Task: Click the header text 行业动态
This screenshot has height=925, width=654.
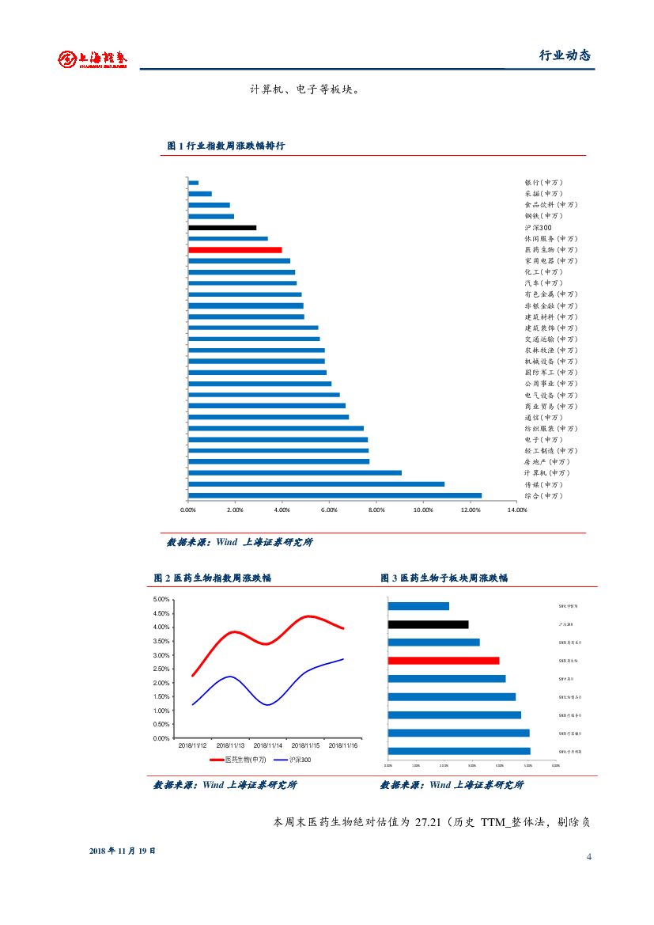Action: [565, 55]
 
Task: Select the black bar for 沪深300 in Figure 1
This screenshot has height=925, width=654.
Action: [222, 227]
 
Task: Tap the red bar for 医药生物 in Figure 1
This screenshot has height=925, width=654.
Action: [235, 249]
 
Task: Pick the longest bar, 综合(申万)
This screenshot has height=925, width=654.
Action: [335, 495]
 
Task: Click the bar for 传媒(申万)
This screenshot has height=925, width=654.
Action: [316, 483]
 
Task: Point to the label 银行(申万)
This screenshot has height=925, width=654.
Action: [543, 182]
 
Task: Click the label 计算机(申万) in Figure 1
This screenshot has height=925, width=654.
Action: [546, 472]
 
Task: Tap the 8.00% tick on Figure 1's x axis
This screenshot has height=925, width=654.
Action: [376, 510]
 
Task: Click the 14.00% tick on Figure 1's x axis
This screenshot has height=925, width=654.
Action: [517, 510]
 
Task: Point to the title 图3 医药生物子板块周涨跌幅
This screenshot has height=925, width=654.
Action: [444, 578]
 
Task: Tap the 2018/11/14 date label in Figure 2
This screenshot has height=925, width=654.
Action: [269, 745]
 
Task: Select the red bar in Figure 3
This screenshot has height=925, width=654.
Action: [444, 660]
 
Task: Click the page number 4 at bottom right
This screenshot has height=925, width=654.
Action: [589, 857]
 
